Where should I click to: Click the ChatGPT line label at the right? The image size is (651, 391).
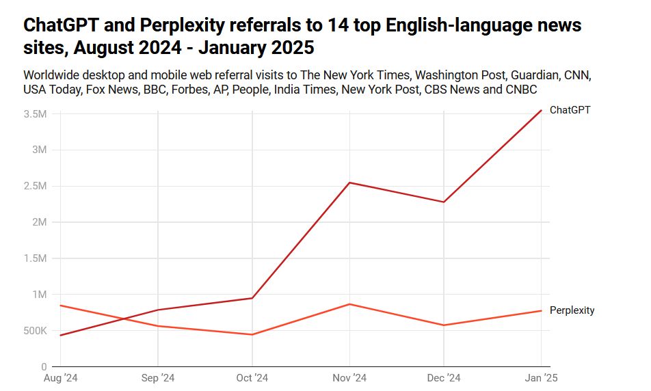point(570,110)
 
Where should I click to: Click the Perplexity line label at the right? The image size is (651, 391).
point(572,310)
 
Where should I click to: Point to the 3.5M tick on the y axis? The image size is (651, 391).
point(35,114)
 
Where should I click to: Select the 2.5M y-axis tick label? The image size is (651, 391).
point(35,186)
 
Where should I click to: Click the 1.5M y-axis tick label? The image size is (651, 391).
point(35,258)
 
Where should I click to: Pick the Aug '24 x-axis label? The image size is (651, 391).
point(60,377)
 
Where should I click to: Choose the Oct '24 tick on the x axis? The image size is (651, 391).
point(252,377)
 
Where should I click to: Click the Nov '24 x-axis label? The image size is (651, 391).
point(349,377)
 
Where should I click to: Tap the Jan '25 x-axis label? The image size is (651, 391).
point(542,377)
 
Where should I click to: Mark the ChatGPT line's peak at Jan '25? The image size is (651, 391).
point(542,110)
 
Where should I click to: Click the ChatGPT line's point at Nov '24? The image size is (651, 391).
point(349,183)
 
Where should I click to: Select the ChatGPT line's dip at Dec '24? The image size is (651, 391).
point(444,202)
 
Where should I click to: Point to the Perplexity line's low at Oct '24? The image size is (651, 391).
point(252,334)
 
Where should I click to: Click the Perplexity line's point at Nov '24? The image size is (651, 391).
point(349,304)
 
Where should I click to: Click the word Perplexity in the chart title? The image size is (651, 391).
point(184,27)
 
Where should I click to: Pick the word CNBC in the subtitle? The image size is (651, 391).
point(520,90)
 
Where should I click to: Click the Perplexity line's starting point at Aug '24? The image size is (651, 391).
point(61,306)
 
